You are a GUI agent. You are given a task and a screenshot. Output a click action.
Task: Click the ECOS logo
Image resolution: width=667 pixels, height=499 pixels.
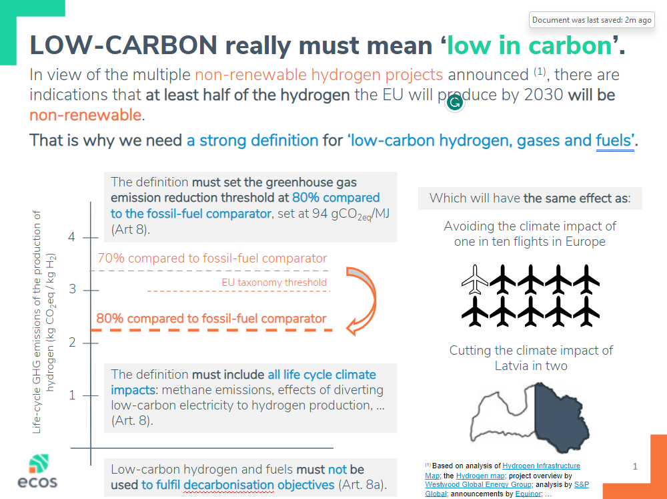point(37,471)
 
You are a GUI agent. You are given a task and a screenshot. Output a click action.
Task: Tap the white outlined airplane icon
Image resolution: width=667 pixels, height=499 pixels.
point(475,279)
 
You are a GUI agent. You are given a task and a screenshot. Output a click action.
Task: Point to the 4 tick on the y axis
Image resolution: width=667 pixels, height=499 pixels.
point(90,237)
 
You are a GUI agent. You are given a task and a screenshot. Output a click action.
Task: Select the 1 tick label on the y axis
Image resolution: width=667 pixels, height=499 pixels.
point(72,395)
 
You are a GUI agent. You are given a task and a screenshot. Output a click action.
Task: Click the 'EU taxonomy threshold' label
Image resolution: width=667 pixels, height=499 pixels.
point(274,283)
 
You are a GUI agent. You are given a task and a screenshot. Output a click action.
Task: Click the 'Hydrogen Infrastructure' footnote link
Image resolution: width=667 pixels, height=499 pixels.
point(541,466)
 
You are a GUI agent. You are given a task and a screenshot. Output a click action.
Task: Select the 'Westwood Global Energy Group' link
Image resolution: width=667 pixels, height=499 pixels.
point(478,484)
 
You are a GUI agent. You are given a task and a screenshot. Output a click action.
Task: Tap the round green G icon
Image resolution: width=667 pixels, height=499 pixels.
point(455,102)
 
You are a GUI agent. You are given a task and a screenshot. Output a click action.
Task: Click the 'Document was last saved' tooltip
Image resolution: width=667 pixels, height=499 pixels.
point(592,20)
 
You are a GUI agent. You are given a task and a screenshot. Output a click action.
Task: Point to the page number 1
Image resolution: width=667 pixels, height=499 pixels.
point(635,467)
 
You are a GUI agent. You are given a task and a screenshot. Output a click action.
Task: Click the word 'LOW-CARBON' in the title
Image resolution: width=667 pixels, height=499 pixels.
point(123,45)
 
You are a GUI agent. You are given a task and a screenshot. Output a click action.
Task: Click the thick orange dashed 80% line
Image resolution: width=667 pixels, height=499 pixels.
point(211,330)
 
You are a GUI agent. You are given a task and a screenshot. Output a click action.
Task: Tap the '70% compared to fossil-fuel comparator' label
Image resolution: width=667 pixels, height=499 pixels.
point(212,259)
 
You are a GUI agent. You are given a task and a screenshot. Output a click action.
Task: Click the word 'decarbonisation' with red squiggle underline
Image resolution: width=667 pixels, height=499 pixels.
point(228,485)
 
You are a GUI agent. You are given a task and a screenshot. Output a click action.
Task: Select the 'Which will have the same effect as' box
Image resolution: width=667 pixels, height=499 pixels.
point(530,198)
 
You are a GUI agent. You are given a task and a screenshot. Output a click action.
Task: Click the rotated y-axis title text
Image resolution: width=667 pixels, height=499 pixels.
point(44,322)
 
